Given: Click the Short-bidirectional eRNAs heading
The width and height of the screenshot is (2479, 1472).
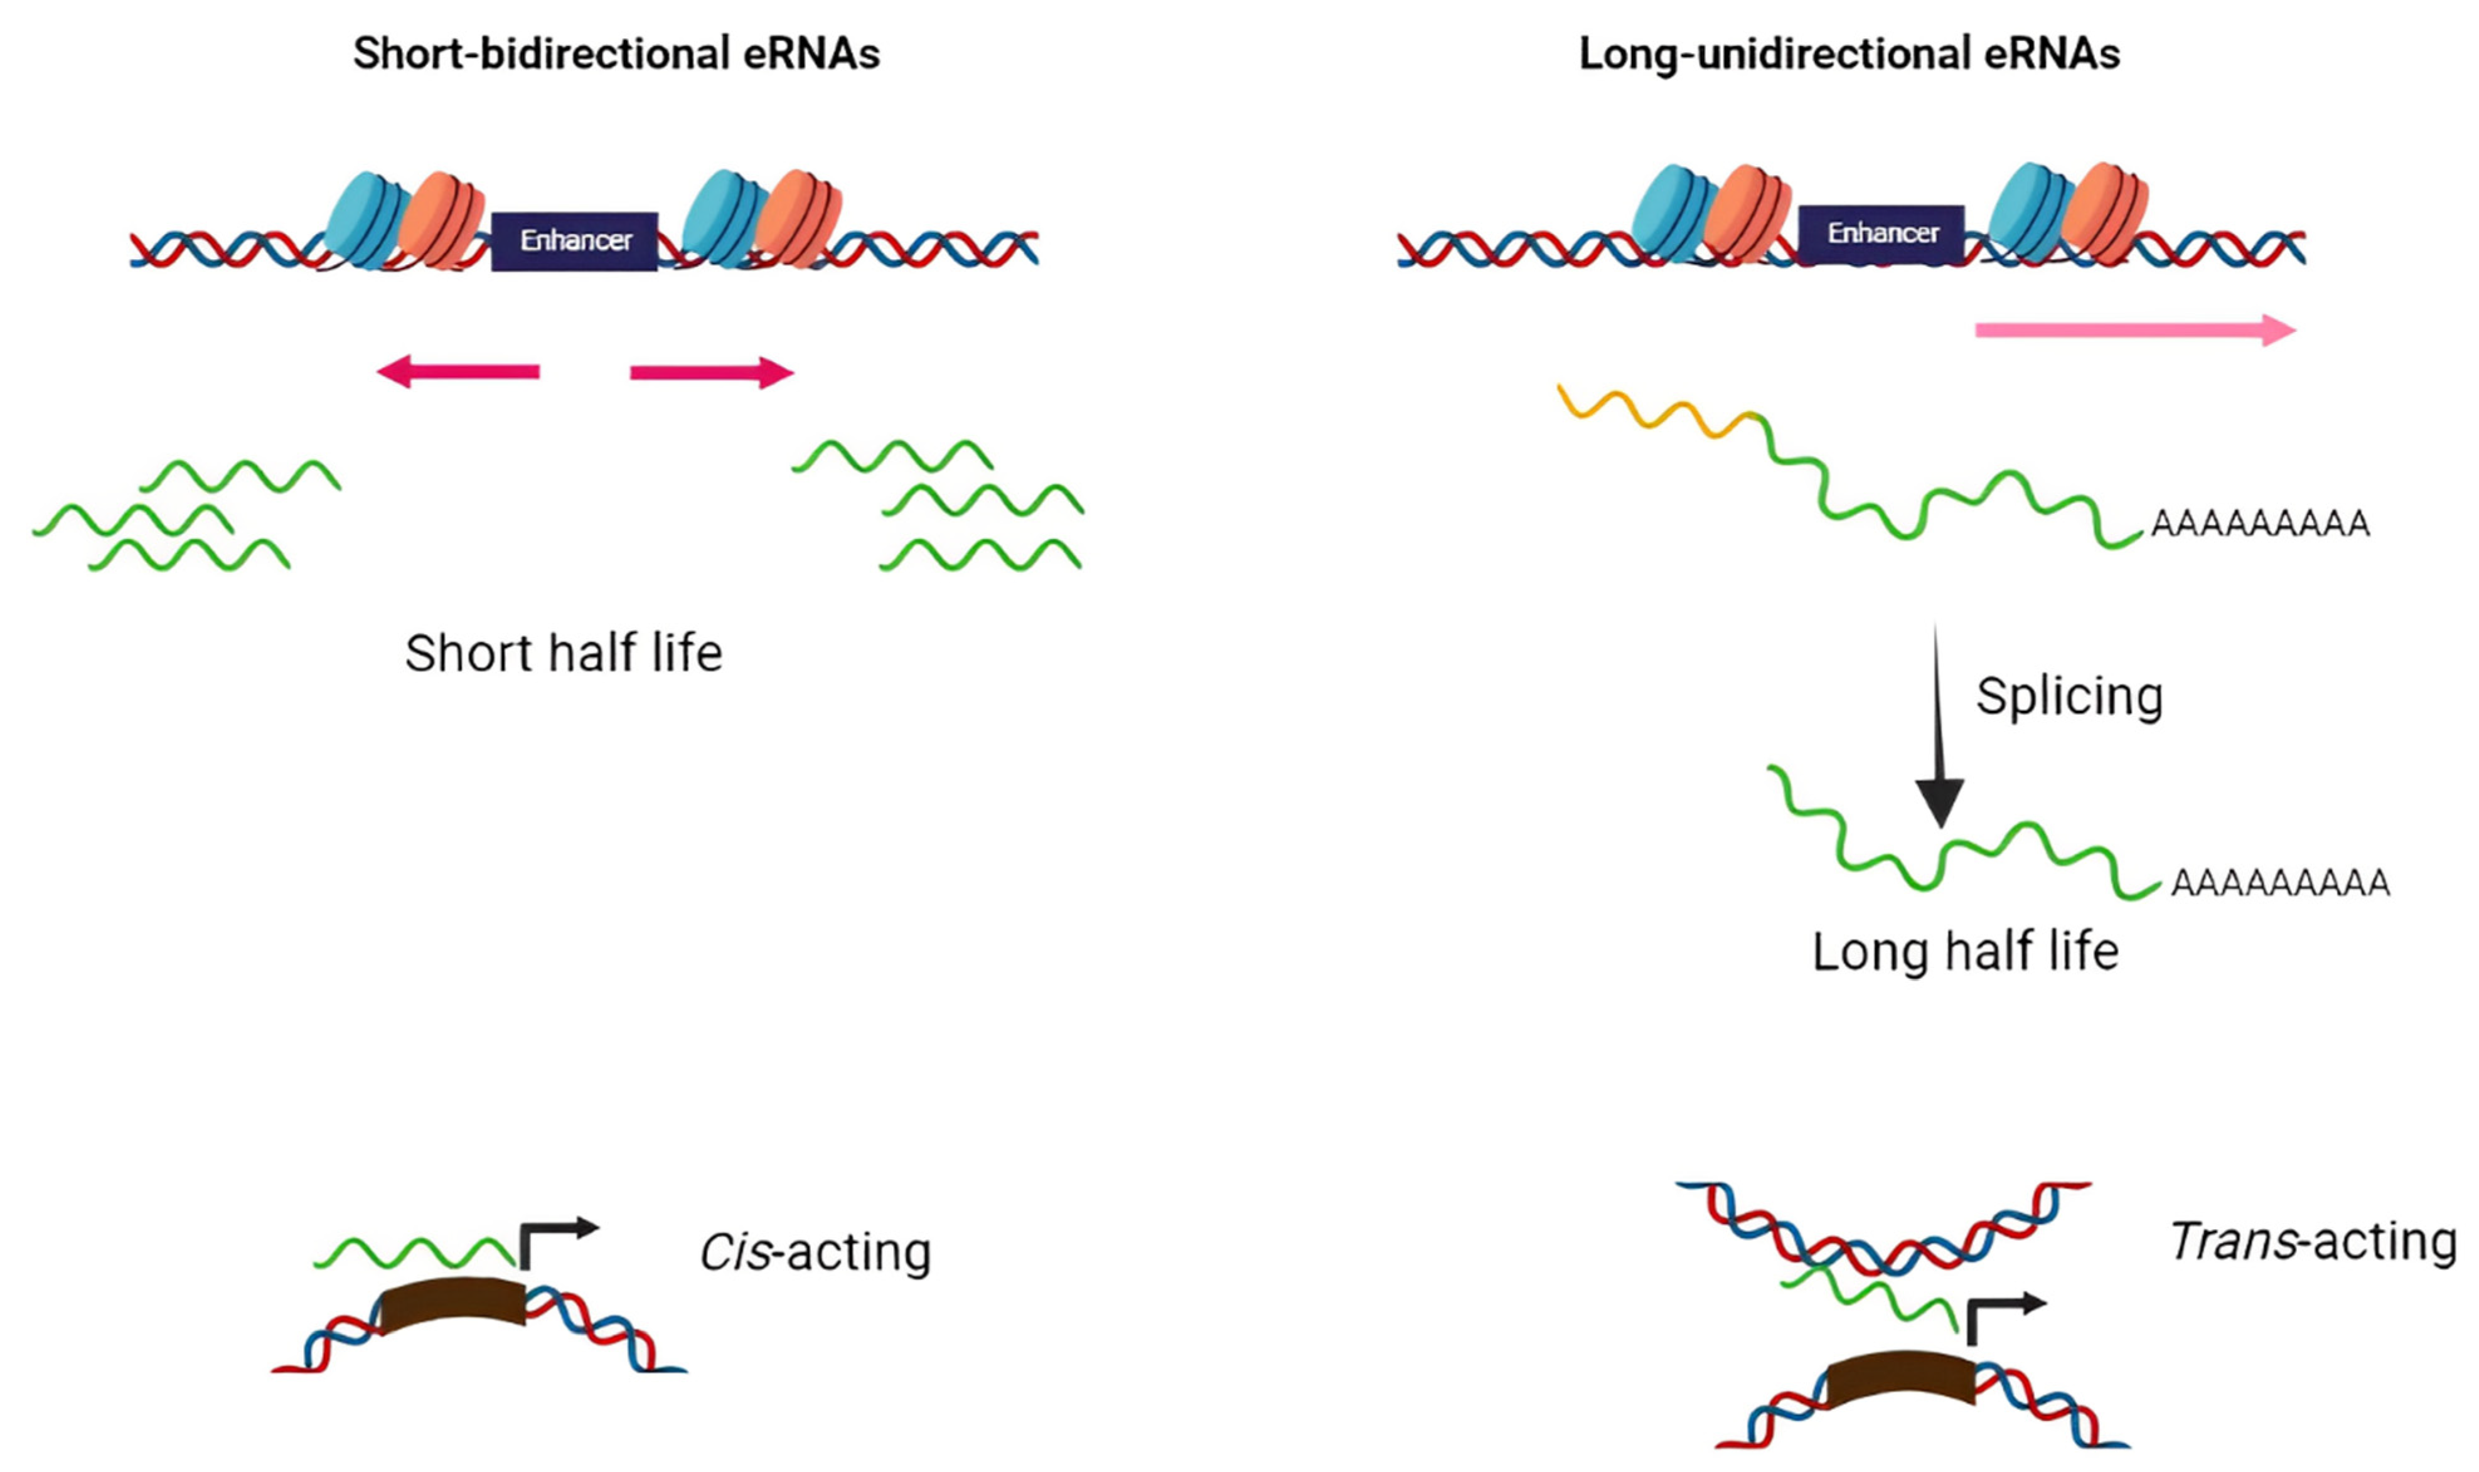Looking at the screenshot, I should click(x=616, y=53).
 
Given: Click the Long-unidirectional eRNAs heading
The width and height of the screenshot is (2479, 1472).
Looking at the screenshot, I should click(x=1849, y=53).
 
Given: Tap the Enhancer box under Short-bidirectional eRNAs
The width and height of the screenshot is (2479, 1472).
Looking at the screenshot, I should click(x=574, y=240).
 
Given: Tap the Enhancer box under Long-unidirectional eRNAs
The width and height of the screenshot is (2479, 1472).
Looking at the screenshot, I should click(x=1882, y=233).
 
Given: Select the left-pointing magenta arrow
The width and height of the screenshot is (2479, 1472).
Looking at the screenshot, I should click(x=458, y=373).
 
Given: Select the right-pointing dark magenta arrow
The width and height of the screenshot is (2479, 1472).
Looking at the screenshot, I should click(x=711, y=373).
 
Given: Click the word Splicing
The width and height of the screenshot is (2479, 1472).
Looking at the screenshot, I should click(x=2069, y=696).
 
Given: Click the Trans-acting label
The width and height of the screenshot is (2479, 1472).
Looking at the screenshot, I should click(x=2312, y=1242).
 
